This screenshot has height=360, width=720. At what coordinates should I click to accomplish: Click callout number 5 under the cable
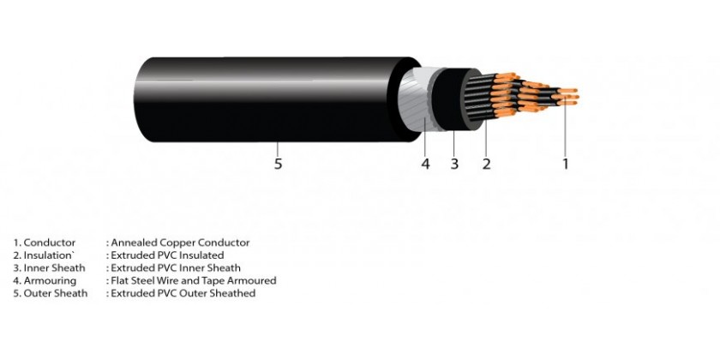point(278,164)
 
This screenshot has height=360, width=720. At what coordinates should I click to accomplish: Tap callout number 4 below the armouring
point(426,164)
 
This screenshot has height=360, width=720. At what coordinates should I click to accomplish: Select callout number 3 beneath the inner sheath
point(454,164)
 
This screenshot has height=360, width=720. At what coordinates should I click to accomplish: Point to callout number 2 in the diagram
point(486,164)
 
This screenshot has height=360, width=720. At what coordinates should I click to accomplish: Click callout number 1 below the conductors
point(565,164)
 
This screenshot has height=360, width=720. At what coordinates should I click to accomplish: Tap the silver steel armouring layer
point(416,99)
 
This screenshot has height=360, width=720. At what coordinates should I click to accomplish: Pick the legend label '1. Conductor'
point(44,243)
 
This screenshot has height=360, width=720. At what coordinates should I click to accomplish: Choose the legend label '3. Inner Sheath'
point(49,267)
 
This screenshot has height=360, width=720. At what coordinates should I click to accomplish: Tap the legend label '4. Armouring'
point(45,280)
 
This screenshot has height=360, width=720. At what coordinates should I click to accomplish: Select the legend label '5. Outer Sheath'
point(50,293)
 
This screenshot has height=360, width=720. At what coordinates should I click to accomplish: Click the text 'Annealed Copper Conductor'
point(181,243)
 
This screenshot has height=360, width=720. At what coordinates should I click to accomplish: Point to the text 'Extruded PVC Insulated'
point(168,255)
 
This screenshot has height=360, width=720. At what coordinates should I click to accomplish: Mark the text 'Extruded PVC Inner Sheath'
point(176,267)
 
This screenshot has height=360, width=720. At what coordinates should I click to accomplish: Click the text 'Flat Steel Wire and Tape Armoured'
point(194,280)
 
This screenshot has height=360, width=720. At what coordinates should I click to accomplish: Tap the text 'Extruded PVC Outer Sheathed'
point(183,293)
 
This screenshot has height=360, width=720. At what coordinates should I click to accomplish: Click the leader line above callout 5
point(278,149)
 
